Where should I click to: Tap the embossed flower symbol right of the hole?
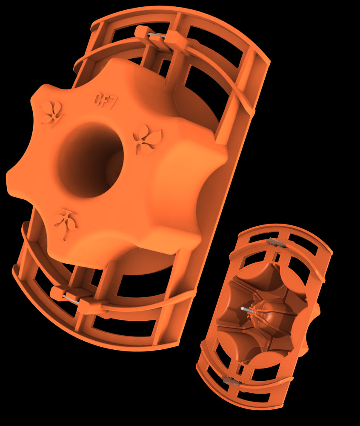[x=148, y=139]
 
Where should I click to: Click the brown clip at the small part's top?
[x=276, y=242]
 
